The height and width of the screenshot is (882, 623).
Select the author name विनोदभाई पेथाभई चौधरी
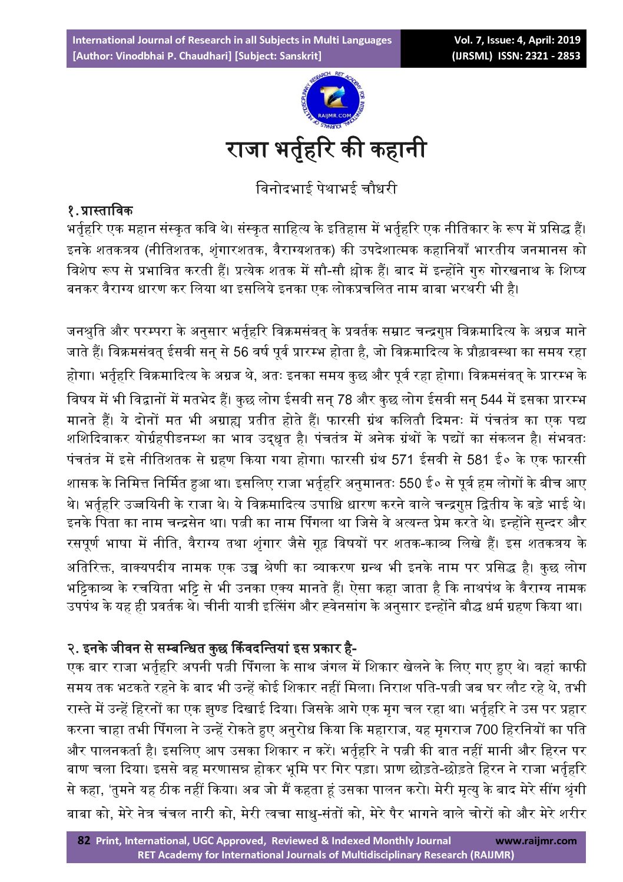326,189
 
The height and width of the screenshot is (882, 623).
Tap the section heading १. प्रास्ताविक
100,210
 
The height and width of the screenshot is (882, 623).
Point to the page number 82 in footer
84,841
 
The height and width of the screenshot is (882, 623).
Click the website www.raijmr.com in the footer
536,841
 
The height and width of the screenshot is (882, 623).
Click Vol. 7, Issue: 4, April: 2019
517,40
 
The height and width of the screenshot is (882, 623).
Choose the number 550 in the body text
410,484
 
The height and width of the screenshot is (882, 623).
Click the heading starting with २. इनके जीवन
212,649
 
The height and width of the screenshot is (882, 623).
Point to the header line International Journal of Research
232,40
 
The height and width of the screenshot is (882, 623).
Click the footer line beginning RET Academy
326,855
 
